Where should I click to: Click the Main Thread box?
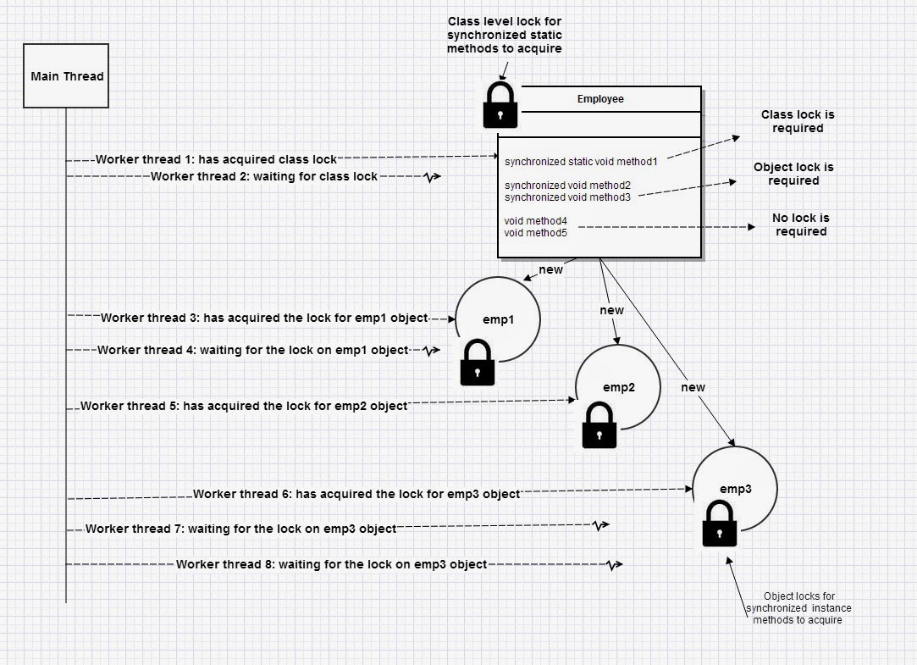pyautogui.click(x=66, y=76)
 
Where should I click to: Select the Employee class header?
pyautogui.click(x=600, y=99)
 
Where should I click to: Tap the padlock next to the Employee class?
pyautogui.click(x=500, y=106)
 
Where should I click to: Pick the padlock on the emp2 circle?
pyautogui.click(x=599, y=425)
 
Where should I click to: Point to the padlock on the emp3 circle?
pyautogui.click(x=719, y=524)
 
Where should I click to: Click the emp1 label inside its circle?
pyautogui.click(x=497, y=320)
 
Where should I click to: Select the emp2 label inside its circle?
pyautogui.click(x=619, y=388)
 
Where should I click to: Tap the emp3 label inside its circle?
pyautogui.click(x=735, y=489)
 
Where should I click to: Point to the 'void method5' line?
pyautogui.click(x=535, y=232)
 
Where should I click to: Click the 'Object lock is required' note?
pyautogui.click(x=793, y=174)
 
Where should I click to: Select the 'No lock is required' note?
pyautogui.click(x=800, y=224)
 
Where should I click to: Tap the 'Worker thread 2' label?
pyautogui.click(x=264, y=176)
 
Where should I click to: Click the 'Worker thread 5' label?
pyautogui.click(x=244, y=406)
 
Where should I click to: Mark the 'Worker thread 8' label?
pyautogui.click(x=331, y=564)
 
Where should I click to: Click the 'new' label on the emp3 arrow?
pyautogui.click(x=693, y=387)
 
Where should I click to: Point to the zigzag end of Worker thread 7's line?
pyautogui.click(x=599, y=526)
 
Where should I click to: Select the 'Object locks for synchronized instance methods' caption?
pyautogui.click(x=798, y=608)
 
